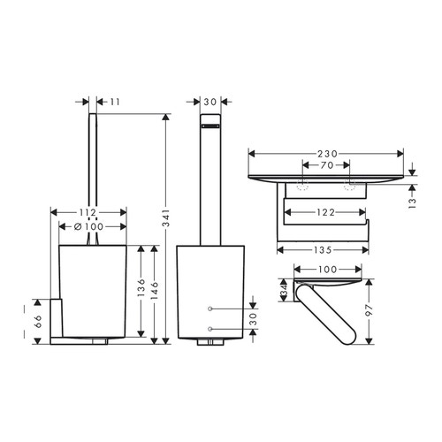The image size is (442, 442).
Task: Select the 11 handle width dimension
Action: point(115,103)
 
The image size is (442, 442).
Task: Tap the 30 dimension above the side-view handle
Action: point(210,103)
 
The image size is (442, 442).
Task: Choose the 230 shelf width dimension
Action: point(327,152)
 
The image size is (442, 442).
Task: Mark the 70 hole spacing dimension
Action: point(327,165)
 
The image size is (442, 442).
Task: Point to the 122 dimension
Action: point(327,213)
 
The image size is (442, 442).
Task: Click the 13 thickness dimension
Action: point(413,202)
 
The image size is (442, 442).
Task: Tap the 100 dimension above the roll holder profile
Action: point(327,270)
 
